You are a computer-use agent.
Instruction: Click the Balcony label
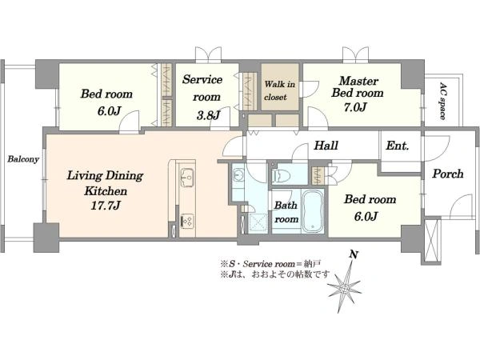tap(23, 159)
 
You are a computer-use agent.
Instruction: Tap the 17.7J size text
tap(105, 206)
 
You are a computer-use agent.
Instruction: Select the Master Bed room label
tap(358, 87)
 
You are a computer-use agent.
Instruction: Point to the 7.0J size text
tap(355, 107)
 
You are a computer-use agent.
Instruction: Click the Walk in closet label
tap(280, 90)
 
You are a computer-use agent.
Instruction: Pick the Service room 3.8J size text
tap(208, 115)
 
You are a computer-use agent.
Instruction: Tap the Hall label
tap(326, 146)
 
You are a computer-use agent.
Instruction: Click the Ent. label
tap(398, 146)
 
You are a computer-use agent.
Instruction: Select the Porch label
tap(448, 174)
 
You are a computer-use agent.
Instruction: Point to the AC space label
tap(442, 101)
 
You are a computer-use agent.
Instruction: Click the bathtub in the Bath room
tap(313, 211)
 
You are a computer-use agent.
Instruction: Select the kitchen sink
tap(187, 178)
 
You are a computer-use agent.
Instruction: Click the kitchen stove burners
tap(187, 221)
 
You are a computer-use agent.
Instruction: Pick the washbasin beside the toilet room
tap(238, 175)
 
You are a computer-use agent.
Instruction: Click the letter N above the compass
tap(354, 254)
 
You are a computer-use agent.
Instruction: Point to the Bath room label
tap(286, 212)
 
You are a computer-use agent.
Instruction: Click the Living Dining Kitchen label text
tap(106, 183)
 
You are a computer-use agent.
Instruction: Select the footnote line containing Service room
tap(270, 263)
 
